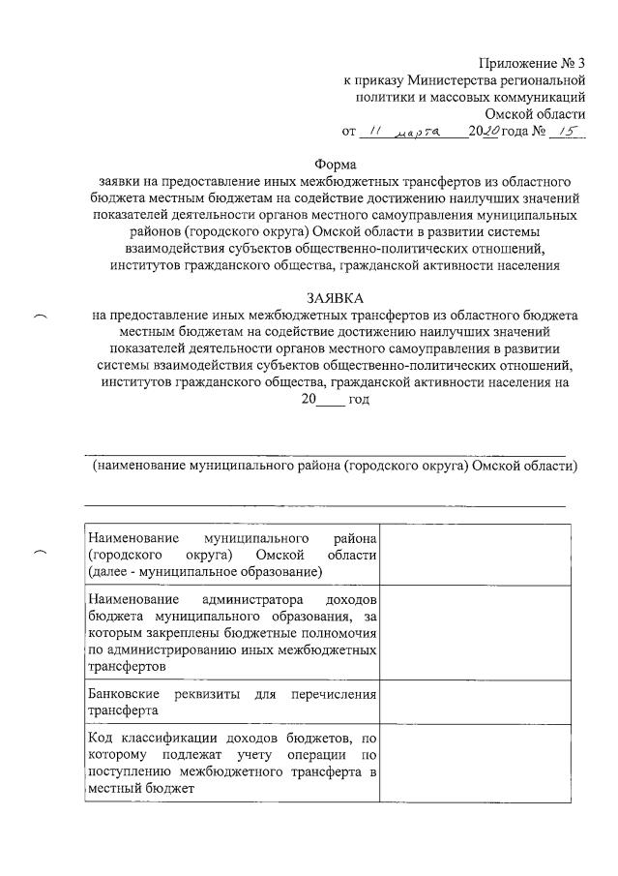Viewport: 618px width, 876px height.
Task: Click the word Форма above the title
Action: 335,164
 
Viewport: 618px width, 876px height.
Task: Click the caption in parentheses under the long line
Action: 335,466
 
